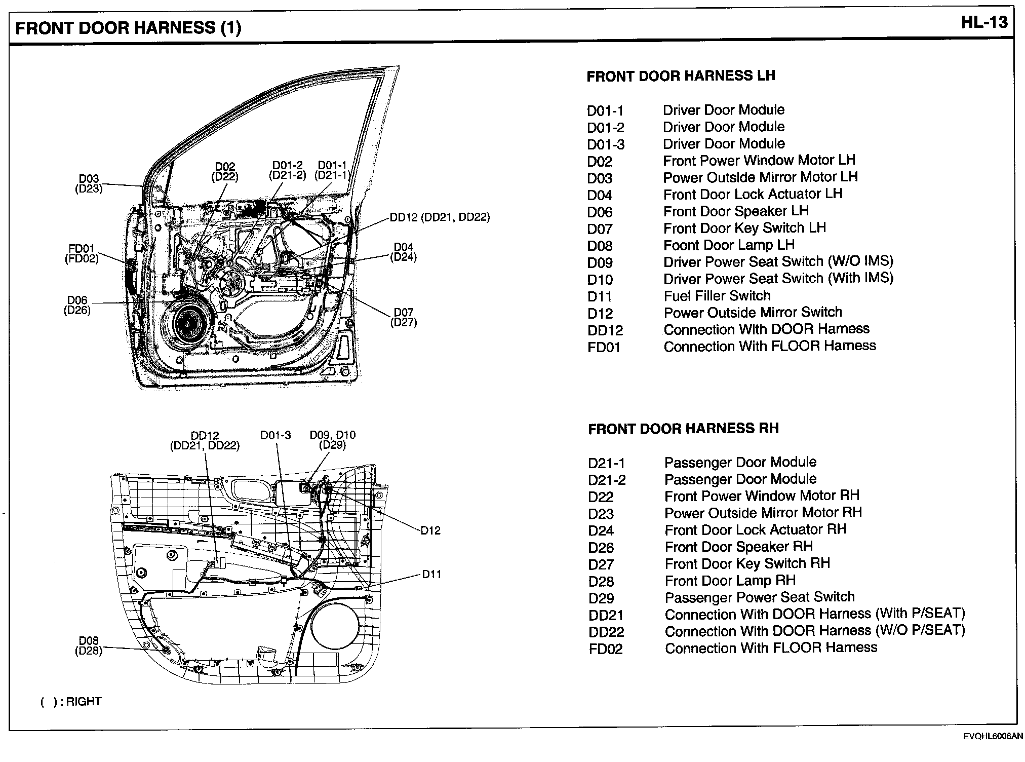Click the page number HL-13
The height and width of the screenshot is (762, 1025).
point(984,23)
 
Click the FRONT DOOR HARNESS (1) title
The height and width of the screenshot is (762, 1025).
point(128,27)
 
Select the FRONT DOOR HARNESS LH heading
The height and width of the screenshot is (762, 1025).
point(681,76)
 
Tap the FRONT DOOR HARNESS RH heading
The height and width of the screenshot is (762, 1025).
point(683,429)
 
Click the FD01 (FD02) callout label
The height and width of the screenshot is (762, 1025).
point(82,253)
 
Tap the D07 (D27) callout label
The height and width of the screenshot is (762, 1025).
point(404,317)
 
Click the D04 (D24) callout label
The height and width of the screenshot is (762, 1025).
point(404,252)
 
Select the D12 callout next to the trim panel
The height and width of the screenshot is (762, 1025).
point(430,530)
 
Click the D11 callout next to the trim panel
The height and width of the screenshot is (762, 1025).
point(431,574)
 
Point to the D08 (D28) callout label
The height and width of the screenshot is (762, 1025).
point(89,646)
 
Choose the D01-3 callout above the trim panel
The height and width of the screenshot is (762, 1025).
point(275,435)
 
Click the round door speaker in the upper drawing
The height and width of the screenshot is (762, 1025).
point(187,323)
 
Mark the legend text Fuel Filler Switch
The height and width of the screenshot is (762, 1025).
point(717,295)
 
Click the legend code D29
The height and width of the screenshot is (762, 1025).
point(601,598)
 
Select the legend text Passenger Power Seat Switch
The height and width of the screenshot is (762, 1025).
point(760,597)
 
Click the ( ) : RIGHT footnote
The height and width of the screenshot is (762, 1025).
point(71,702)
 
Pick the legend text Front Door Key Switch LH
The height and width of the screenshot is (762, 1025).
point(744,228)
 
